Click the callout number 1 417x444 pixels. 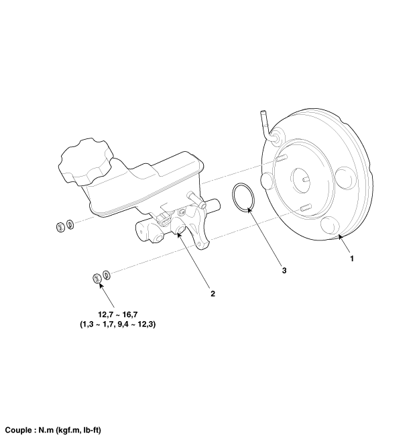pyautogui.click(x=352, y=259)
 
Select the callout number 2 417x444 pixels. pyautogui.click(x=213, y=294)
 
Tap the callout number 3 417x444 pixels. pyautogui.click(x=284, y=271)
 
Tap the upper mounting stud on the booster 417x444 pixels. pyautogui.click(x=282, y=158)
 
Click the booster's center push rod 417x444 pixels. pyautogui.click(x=306, y=179)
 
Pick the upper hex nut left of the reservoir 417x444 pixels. pyautogui.click(x=60, y=227)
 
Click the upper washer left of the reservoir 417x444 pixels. pyautogui.click(x=70, y=224)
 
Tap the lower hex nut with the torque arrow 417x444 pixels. pyautogui.click(x=97, y=278)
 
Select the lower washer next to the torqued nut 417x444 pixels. pyautogui.click(x=107, y=275)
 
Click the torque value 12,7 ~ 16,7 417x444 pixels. pyautogui.click(x=118, y=314)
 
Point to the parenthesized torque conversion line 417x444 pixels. pyautogui.click(x=118, y=324)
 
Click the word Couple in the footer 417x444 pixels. pyautogui.click(x=19, y=430)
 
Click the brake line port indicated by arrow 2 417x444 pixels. pyautogui.click(x=180, y=229)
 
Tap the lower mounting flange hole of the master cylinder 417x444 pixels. pyautogui.click(x=200, y=244)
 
